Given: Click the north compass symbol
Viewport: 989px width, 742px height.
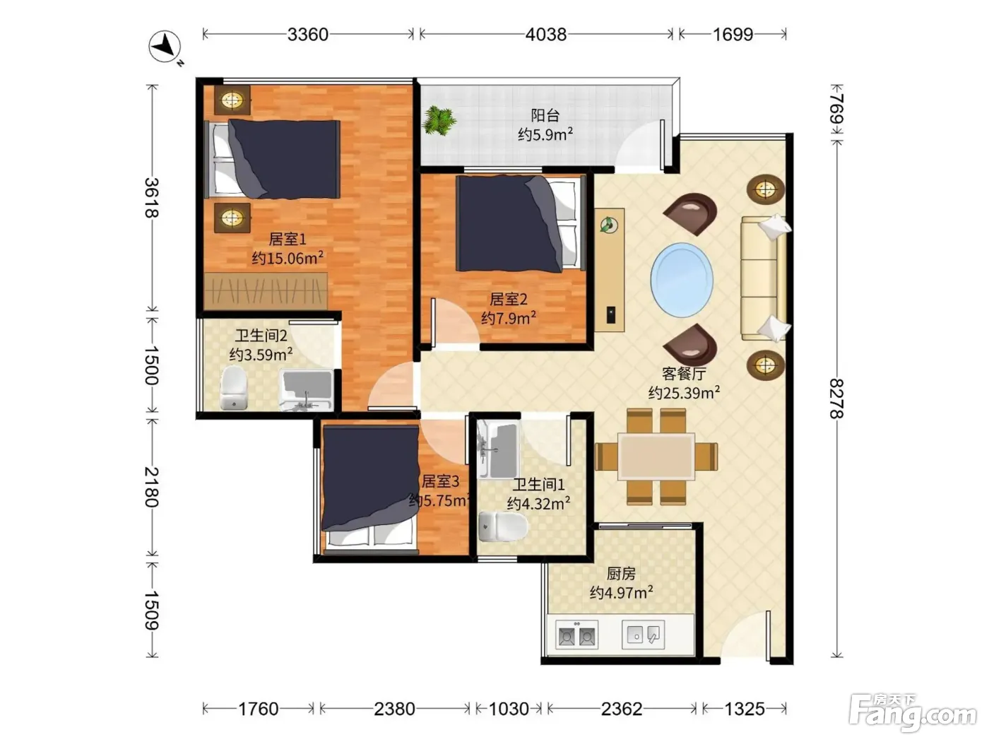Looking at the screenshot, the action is click(x=165, y=47).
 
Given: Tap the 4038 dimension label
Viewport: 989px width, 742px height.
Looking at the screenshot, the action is click(x=545, y=34).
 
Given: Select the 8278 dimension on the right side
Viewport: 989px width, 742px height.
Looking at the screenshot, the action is click(x=836, y=399).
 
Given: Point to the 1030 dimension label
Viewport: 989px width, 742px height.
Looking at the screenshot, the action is click(x=509, y=709).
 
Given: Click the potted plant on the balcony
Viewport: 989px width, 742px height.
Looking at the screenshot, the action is click(x=439, y=120).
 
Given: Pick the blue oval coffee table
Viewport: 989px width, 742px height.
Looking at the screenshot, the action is click(x=682, y=280).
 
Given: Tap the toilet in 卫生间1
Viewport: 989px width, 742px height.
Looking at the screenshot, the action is click(x=502, y=526).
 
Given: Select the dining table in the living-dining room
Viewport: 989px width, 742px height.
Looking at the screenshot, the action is click(x=656, y=456).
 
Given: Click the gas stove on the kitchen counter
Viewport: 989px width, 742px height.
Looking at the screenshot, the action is click(x=576, y=635).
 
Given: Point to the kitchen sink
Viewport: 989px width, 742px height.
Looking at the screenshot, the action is click(x=643, y=635).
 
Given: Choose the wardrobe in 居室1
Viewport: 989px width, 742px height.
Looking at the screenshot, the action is click(x=266, y=290).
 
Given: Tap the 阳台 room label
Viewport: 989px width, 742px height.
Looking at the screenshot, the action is click(x=545, y=115).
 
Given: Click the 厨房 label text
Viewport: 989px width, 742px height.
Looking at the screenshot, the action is click(x=621, y=574).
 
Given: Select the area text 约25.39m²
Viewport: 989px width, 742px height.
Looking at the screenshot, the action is click(x=684, y=393).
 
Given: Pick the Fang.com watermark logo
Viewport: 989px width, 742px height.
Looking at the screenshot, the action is click(x=912, y=713).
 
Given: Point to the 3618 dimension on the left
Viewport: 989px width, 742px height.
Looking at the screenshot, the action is click(x=152, y=198).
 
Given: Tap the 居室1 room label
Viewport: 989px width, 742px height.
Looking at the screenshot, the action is click(x=288, y=239).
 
